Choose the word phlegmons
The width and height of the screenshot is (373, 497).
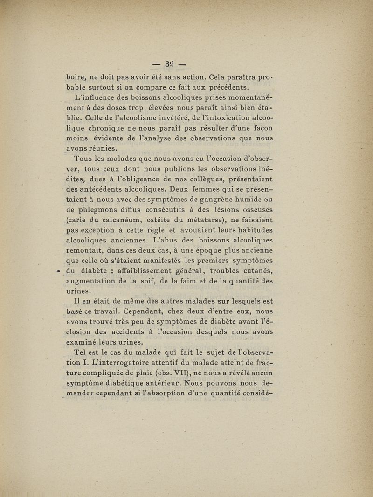coord(104,210)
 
